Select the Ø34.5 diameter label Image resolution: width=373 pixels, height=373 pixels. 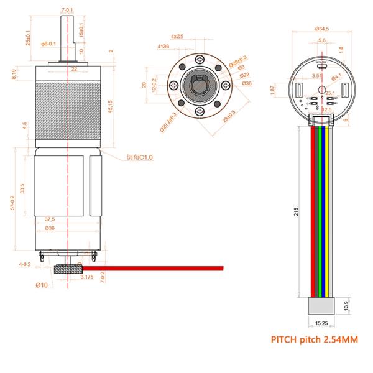click(x=321, y=29)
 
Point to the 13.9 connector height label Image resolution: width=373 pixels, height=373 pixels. click(x=346, y=306)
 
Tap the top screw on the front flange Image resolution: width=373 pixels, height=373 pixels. click(x=198, y=58)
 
